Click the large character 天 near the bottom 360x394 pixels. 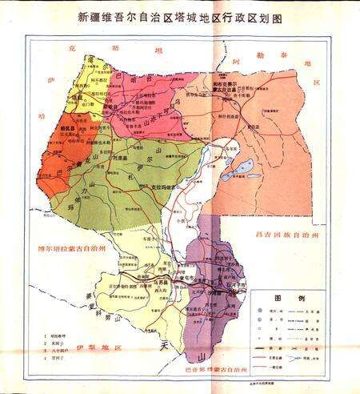[x=168, y=345]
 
